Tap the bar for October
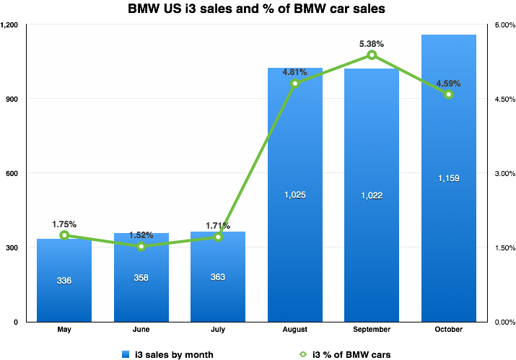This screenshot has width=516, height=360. pyautogui.click(x=449, y=216)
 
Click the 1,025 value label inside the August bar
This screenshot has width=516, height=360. pyautogui.click(x=295, y=195)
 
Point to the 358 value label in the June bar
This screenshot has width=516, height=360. pyautogui.click(x=141, y=278)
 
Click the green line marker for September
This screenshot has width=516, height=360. pyautogui.click(x=372, y=55)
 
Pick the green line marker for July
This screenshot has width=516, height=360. pyautogui.click(x=218, y=237)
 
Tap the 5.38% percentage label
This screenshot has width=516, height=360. pyautogui.click(x=372, y=43)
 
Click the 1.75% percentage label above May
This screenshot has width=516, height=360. pyautogui.click(x=64, y=224)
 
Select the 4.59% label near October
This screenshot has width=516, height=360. pyautogui.click(x=448, y=84)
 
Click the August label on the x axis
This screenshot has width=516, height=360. pyautogui.click(x=295, y=329)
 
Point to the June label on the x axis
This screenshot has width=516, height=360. pyautogui.click(x=141, y=329)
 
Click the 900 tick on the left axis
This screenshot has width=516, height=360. pyautogui.click(x=13, y=99)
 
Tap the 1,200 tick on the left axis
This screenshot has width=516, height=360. pyautogui.click(x=10, y=25)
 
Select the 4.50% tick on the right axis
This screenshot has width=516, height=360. pyautogui.click(x=504, y=99)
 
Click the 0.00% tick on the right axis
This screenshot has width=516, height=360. pyautogui.click(x=504, y=322)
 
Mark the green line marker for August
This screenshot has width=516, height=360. pyautogui.click(x=295, y=84)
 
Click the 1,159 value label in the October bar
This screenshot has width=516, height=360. pyautogui.click(x=449, y=178)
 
